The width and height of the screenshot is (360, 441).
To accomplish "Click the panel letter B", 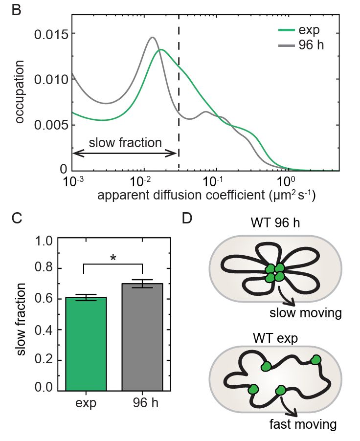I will point(16,11).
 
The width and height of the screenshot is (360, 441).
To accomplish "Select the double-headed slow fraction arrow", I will point(125,153).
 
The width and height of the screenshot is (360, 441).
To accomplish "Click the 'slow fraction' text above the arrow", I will point(125,143).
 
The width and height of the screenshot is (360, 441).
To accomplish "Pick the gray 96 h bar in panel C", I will point(142,337).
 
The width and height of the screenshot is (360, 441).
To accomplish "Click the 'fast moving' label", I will point(303,424).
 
